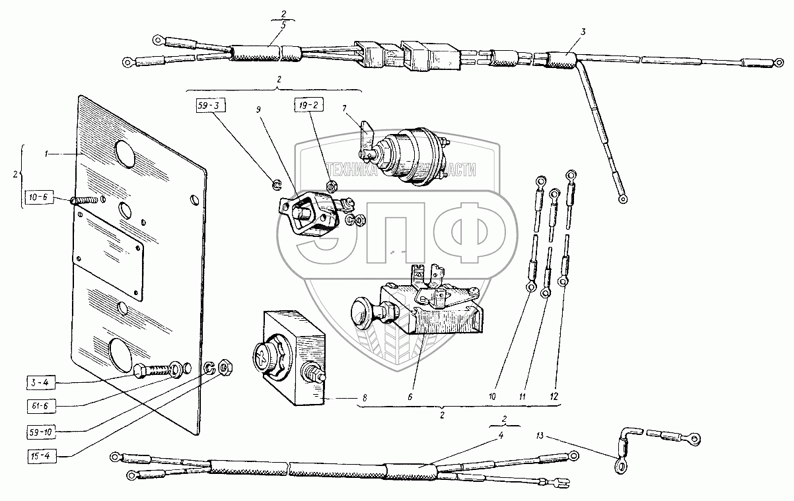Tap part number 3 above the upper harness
click(x=583, y=32)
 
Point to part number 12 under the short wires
click(x=555, y=397)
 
